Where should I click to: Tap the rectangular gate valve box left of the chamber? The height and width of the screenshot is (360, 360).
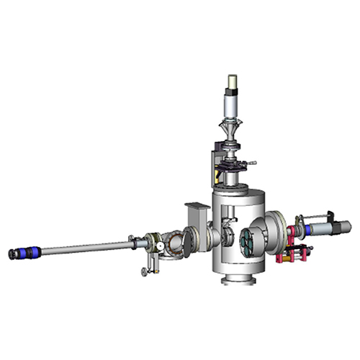197,215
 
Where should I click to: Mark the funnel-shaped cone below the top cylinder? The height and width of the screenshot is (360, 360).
233,132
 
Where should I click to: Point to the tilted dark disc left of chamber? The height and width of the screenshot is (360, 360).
186,240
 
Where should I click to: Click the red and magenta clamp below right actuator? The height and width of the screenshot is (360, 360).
297,253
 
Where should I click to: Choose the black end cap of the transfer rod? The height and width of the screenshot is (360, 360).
11,255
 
